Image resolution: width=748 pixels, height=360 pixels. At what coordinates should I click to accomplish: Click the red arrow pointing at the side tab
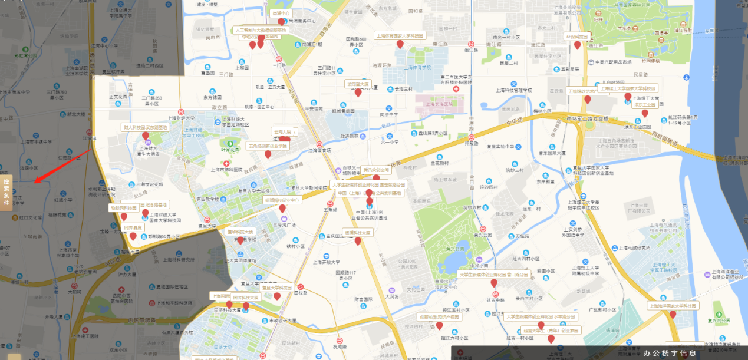click(61, 165)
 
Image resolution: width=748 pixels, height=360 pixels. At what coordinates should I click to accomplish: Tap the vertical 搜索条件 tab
click(6, 191)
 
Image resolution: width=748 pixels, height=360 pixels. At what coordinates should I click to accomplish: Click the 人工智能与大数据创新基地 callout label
click(261, 29)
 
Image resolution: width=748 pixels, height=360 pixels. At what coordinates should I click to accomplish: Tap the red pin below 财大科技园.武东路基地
click(146, 136)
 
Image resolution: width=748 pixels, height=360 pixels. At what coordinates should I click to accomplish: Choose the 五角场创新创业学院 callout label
click(268, 146)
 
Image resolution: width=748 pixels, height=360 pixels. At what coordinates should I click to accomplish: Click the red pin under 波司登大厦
click(358, 93)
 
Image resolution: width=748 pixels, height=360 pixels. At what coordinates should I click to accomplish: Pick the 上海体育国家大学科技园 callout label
click(400, 35)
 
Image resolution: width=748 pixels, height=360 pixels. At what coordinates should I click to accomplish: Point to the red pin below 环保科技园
click(578, 45)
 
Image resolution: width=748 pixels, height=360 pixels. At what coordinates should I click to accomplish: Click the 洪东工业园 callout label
click(644, 105)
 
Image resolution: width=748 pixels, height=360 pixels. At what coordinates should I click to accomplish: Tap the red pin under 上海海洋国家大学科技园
click(673, 315)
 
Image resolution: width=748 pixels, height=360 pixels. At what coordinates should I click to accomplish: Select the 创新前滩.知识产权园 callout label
click(440, 317)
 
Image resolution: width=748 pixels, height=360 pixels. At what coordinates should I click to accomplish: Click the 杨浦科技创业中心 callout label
click(282, 200)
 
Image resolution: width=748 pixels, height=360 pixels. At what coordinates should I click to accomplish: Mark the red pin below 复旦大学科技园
click(277, 296)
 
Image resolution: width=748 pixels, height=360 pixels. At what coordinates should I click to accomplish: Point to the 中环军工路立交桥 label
click(588, 118)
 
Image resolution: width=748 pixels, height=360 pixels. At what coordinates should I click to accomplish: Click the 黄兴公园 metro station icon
click(483, 228)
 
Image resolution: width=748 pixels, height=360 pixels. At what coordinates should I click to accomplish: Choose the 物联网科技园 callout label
click(124, 208)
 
